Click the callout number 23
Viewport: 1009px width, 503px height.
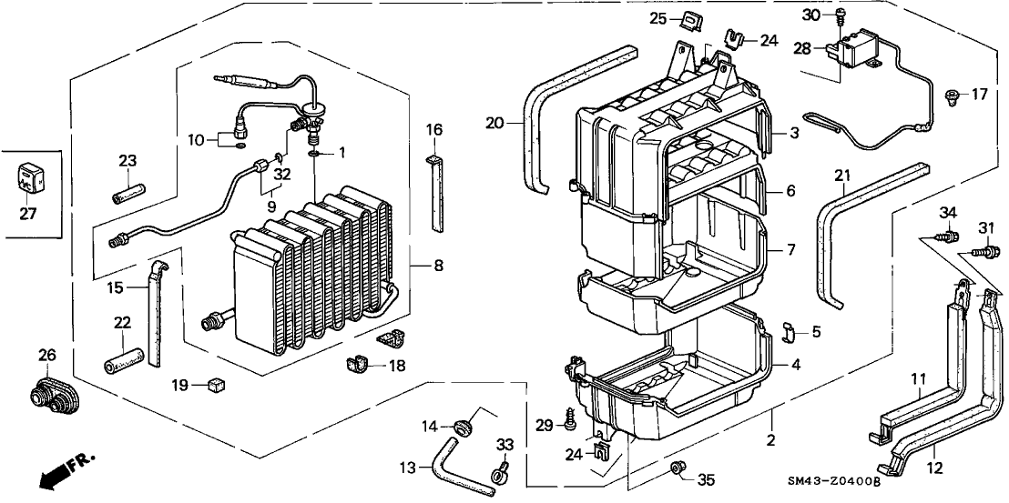click(127, 161)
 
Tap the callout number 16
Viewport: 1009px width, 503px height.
click(434, 130)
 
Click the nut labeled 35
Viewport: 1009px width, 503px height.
click(677, 468)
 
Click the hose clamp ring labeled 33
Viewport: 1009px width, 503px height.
click(498, 471)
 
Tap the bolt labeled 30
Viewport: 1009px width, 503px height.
click(841, 15)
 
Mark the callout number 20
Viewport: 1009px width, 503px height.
click(494, 123)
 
